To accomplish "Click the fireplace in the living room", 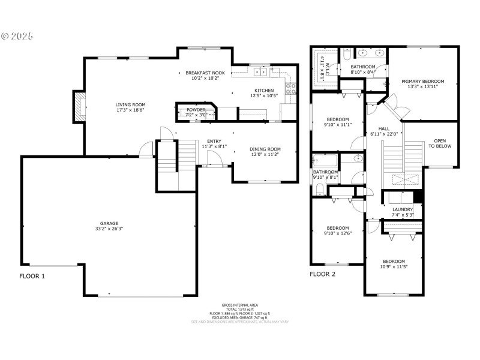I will coord(79,106).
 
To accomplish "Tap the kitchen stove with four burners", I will coord(291,89).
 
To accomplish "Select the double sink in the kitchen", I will coord(261,72).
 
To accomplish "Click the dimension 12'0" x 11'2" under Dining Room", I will coord(265,154).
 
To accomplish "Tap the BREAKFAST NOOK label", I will coord(205,73).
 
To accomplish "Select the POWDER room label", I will coord(196,110).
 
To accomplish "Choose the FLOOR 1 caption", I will coord(32,277).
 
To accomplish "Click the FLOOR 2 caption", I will coord(322,275).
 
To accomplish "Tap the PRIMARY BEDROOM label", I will coord(423,81).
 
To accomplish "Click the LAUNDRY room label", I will coord(403,209).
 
